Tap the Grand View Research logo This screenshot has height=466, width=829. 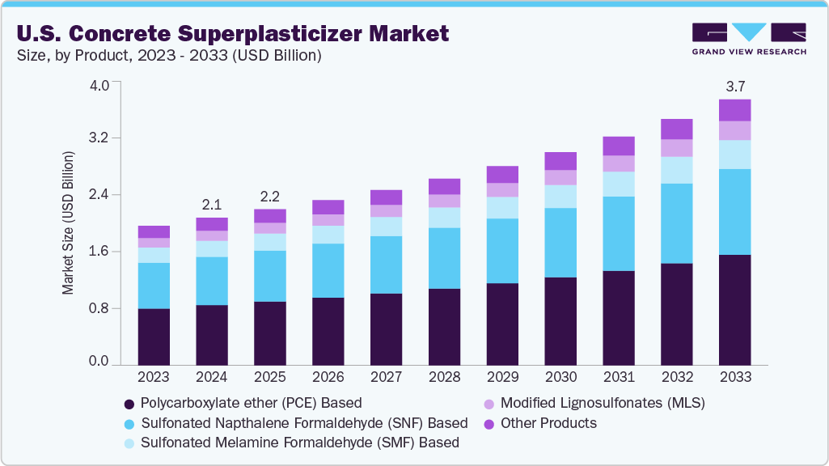[749, 39]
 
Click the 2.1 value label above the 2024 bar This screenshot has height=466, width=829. [212, 202]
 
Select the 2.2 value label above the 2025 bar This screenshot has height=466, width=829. [270, 195]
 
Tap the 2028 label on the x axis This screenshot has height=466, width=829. [444, 377]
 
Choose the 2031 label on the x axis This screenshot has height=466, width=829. [619, 377]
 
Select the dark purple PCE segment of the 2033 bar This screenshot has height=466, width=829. [734, 310]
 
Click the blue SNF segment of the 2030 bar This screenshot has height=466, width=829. [560, 243]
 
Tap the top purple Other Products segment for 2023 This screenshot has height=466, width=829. [154, 231]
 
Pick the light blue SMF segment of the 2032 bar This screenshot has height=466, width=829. [676, 170]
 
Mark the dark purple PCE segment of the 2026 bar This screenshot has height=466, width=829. [328, 331]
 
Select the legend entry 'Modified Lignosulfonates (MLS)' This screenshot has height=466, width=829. [603, 403]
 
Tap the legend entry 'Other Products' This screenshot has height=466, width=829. [548, 423]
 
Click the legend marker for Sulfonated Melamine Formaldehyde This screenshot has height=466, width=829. [129, 443]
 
